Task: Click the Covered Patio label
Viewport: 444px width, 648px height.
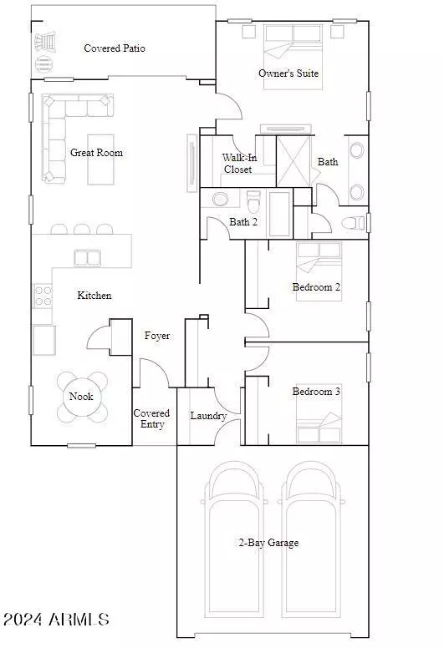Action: click(x=115, y=48)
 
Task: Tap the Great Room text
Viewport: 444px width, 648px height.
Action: click(x=96, y=153)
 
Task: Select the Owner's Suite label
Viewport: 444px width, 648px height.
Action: click(x=288, y=73)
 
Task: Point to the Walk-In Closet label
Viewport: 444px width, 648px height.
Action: click(x=237, y=164)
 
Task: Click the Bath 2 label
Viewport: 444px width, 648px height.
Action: click(x=242, y=222)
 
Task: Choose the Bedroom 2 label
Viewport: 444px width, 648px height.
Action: click(x=316, y=287)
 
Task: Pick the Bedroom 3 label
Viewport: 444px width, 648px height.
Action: click(x=316, y=391)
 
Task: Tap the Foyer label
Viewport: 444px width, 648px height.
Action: click(x=157, y=336)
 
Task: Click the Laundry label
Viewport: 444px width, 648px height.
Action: click(x=208, y=416)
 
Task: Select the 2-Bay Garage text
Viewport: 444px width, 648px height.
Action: click(x=268, y=543)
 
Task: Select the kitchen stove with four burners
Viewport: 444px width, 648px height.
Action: click(x=42, y=296)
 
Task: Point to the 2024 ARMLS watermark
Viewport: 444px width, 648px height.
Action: click(x=56, y=619)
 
